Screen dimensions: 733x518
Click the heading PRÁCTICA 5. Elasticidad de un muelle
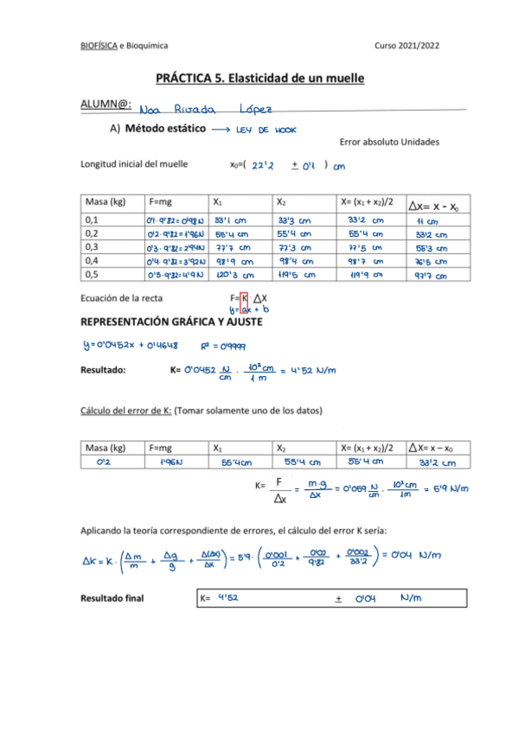(x=259, y=78)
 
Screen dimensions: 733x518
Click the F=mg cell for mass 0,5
(x=174, y=276)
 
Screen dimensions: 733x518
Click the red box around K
(x=245, y=302)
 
